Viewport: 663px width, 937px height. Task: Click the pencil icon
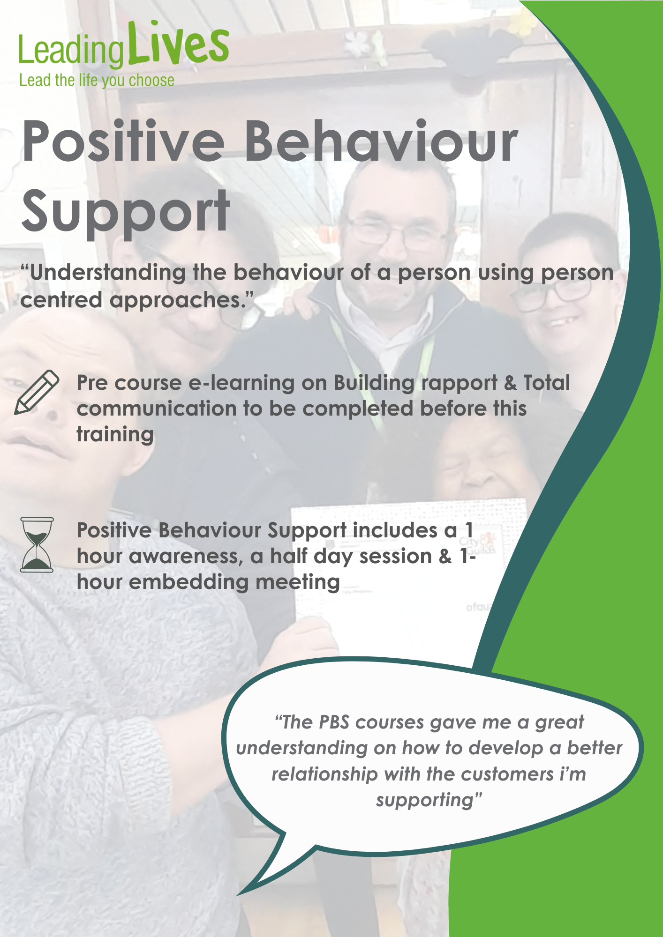pos(37,393)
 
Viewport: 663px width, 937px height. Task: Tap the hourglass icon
pos(37,545)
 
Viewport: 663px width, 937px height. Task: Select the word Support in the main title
pos(126,213)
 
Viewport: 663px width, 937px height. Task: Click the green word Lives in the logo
pos(179,43)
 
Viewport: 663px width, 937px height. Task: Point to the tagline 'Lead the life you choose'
pos(97,81)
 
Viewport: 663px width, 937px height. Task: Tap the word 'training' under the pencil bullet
pos(115,435)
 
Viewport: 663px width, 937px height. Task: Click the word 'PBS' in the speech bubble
pos(334,722)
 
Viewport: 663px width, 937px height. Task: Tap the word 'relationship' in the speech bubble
pos(324,774)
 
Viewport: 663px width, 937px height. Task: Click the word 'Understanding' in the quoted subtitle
pos(107,273)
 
